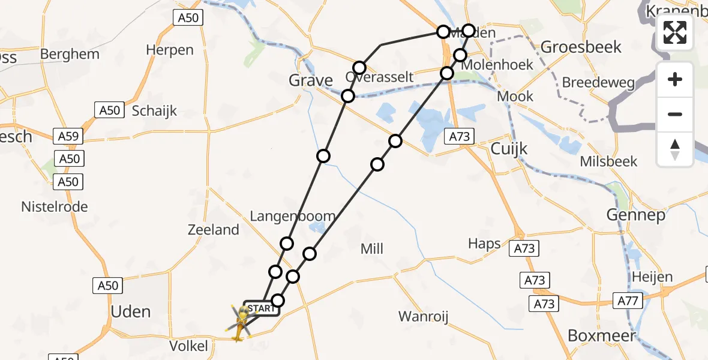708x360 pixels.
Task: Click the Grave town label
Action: click(311, 80)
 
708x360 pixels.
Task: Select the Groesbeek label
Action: click(581, 47)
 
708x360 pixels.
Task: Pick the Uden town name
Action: click(131, 311)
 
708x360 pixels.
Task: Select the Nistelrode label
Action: click(55, 207)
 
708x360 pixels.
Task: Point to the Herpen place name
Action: click(170, 50)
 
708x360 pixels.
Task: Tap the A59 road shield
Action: click(68, 136)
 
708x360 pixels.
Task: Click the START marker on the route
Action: click(260, 308)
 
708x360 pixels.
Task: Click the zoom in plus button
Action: click(675, 79)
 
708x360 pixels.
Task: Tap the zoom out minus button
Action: click(675, 114)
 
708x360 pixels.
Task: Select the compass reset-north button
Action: click(675, 149)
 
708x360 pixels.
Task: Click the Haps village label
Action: click(484, 244)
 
